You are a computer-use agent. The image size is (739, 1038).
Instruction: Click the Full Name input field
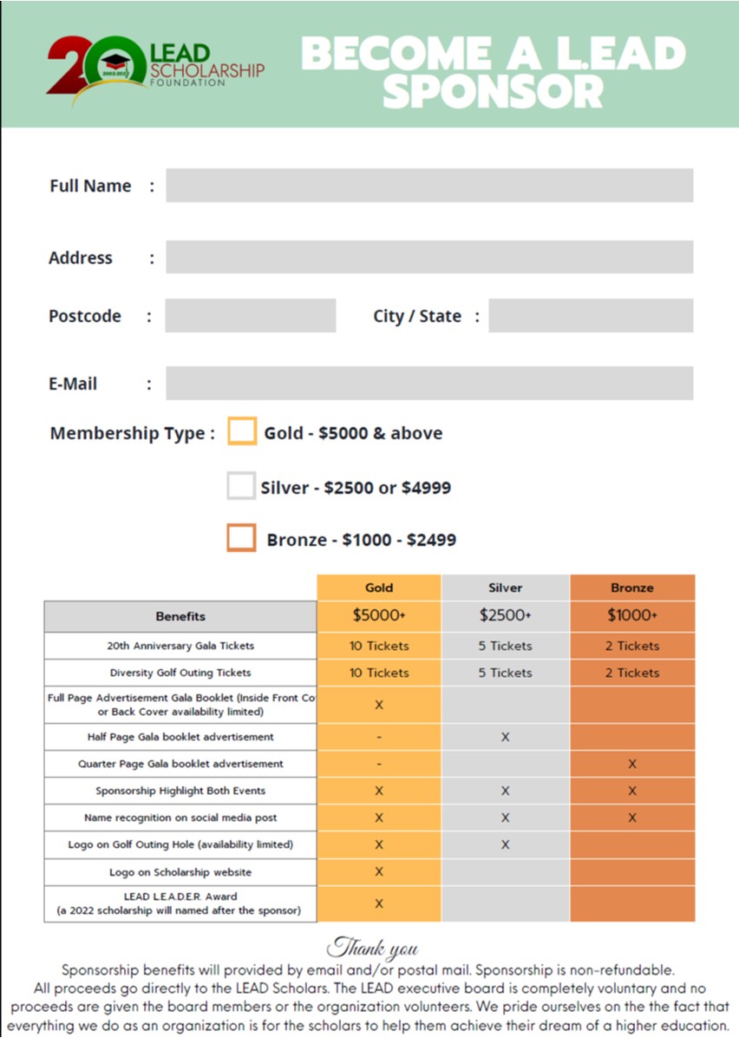point(429,185)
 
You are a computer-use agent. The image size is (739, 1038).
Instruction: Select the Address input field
point(429,257)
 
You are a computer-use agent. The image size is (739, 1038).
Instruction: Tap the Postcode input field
point(250,316)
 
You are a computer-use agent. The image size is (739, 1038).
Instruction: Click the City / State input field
point(590,316)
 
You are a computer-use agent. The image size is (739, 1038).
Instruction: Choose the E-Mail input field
point(429,383)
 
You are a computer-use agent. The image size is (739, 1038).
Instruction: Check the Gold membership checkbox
point(242,431)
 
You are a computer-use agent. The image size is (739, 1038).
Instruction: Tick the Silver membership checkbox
point(241,486)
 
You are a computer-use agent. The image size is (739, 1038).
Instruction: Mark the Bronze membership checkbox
point(241,538)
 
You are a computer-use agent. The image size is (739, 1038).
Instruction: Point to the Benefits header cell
point(180,616)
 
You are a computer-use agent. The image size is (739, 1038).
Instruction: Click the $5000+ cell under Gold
point(379,615)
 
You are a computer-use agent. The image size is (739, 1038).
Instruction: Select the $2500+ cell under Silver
point(505,615)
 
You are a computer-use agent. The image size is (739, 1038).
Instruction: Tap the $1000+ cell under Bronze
point(632,615)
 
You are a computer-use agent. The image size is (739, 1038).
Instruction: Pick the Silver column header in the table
point(505,588)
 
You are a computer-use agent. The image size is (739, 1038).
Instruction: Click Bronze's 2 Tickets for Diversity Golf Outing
point(632,673)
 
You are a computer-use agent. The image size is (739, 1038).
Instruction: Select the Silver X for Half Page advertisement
point(505,737)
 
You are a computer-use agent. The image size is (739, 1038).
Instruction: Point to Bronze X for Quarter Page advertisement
point(632,764)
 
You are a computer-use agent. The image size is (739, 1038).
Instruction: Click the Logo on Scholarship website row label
point(180,872)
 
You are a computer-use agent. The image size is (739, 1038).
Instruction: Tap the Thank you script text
point(373,946)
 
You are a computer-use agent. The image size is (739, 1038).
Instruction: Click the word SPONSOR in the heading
point(493,90)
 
